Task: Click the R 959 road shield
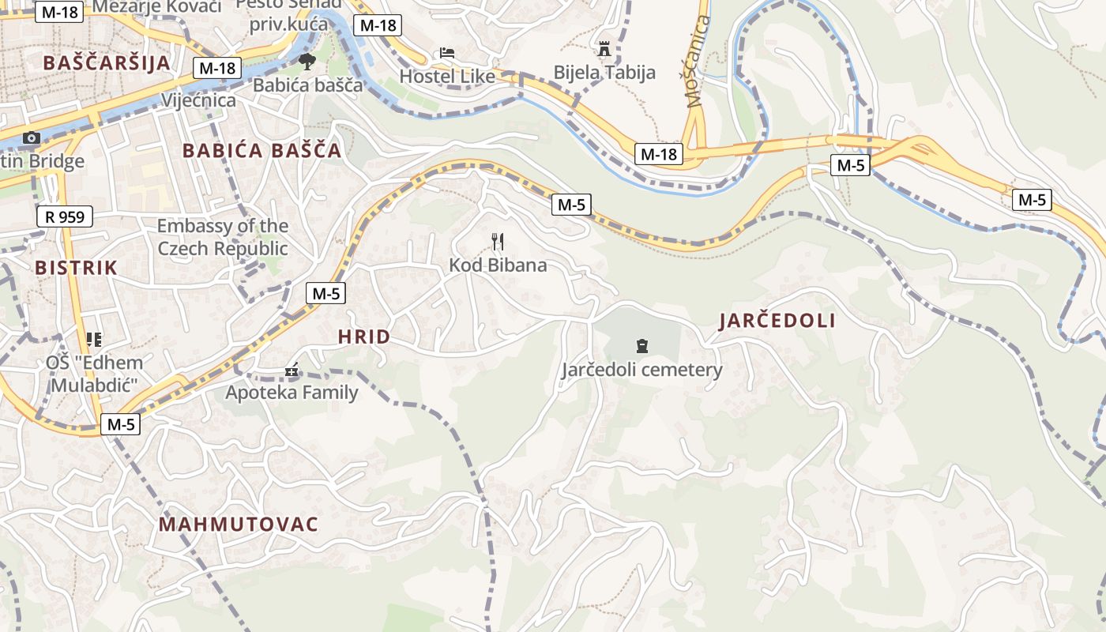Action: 65,216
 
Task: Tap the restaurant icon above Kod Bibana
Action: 497,242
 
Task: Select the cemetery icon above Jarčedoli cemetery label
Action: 641,346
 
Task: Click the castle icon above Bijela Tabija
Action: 604,49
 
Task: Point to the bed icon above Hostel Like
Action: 447,53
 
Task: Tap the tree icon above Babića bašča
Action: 307,62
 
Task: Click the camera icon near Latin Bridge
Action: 32,138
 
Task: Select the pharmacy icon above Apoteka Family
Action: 292,370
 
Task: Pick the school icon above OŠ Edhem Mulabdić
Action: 94,340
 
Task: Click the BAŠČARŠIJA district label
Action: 107,63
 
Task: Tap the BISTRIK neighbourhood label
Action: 76,267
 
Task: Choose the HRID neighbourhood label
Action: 364,337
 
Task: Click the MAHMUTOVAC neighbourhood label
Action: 239,524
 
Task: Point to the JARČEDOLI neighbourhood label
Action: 777,320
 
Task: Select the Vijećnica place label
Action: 198,100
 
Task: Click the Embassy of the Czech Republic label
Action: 222,237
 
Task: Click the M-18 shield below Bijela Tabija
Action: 659,154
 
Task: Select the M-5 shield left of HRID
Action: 325,293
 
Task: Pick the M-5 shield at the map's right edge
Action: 1032,200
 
